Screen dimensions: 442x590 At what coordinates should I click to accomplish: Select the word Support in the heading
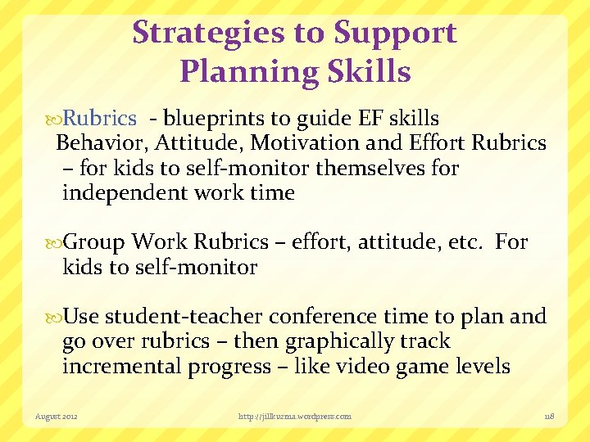tap(395, 33)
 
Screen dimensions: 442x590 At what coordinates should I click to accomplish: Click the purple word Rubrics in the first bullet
tap(100, 119)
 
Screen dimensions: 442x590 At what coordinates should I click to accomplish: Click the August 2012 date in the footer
tap(57, 417)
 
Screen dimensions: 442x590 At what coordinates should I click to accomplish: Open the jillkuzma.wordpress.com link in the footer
tap(294, 417)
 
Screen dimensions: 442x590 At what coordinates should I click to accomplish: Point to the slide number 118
tap(549, 417)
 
